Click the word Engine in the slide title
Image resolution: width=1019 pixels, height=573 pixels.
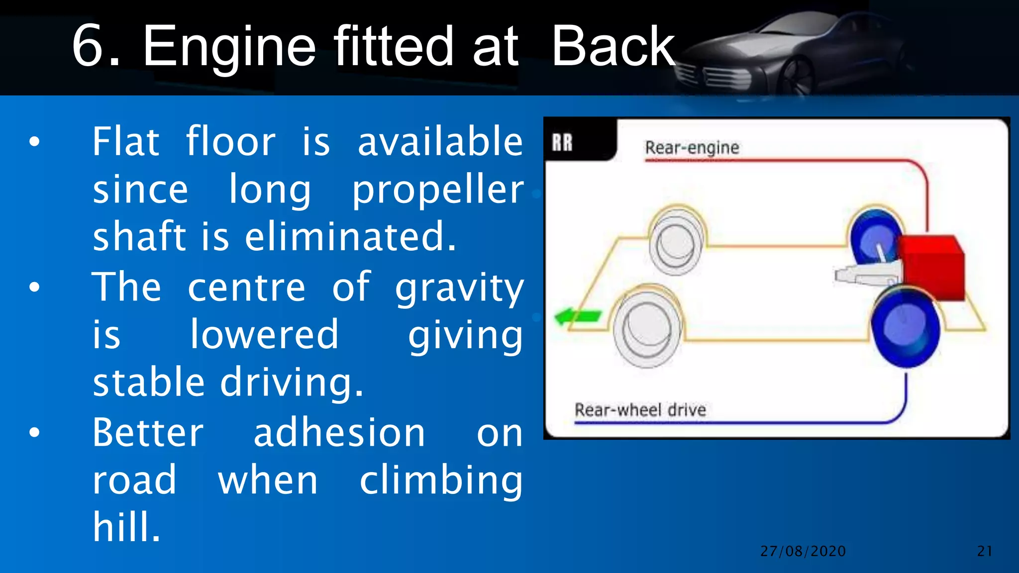pyautogui.click(x=229, y=47)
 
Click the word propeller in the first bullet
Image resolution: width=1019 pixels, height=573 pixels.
pyautogui.click(x=438, y=191)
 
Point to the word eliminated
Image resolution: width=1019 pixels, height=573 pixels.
pyautogui.click(x=350, y=237)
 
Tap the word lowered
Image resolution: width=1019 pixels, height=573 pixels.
pyautogui.click(x=264, y=334)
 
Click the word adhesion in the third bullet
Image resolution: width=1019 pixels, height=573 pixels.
pyautogui.click(x=339, y=433)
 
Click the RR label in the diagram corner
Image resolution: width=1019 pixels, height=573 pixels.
pyautogui.click(x=562, y=143)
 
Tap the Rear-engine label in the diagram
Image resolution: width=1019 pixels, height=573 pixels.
pyautogui.click(x=692, y=148)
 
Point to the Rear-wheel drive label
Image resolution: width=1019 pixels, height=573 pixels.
pyautogui.click(x=640, y=410)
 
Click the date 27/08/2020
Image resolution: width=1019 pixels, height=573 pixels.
pyautogui.click(x=803, y=551)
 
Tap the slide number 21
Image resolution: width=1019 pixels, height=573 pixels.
pyautogui.click(x=985, y=551)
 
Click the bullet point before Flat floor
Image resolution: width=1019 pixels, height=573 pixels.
pyautogui.click(x=34, y=142)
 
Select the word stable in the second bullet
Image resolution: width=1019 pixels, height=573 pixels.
pyautogui.click(x=149, y=383)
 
